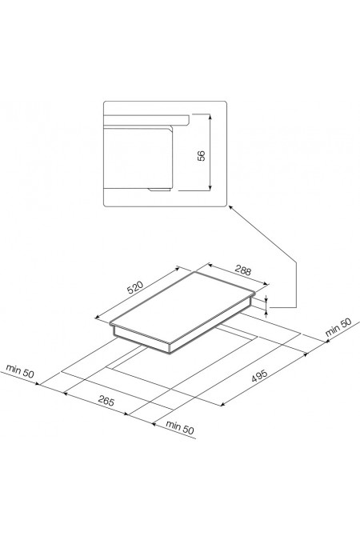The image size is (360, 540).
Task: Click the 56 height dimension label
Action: pos(202,156)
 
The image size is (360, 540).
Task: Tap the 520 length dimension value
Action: pos(135,287)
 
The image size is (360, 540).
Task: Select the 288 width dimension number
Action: pos(243,270)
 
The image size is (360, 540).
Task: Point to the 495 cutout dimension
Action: pos(260,376)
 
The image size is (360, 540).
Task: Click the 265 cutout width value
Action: pos(106,401)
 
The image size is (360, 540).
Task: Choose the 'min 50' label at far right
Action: pos(338,327)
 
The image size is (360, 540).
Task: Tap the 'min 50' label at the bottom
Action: pos(179,427)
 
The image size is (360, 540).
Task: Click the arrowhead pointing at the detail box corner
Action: pos(230,207)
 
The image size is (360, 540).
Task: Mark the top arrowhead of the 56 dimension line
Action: pos(210,116)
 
